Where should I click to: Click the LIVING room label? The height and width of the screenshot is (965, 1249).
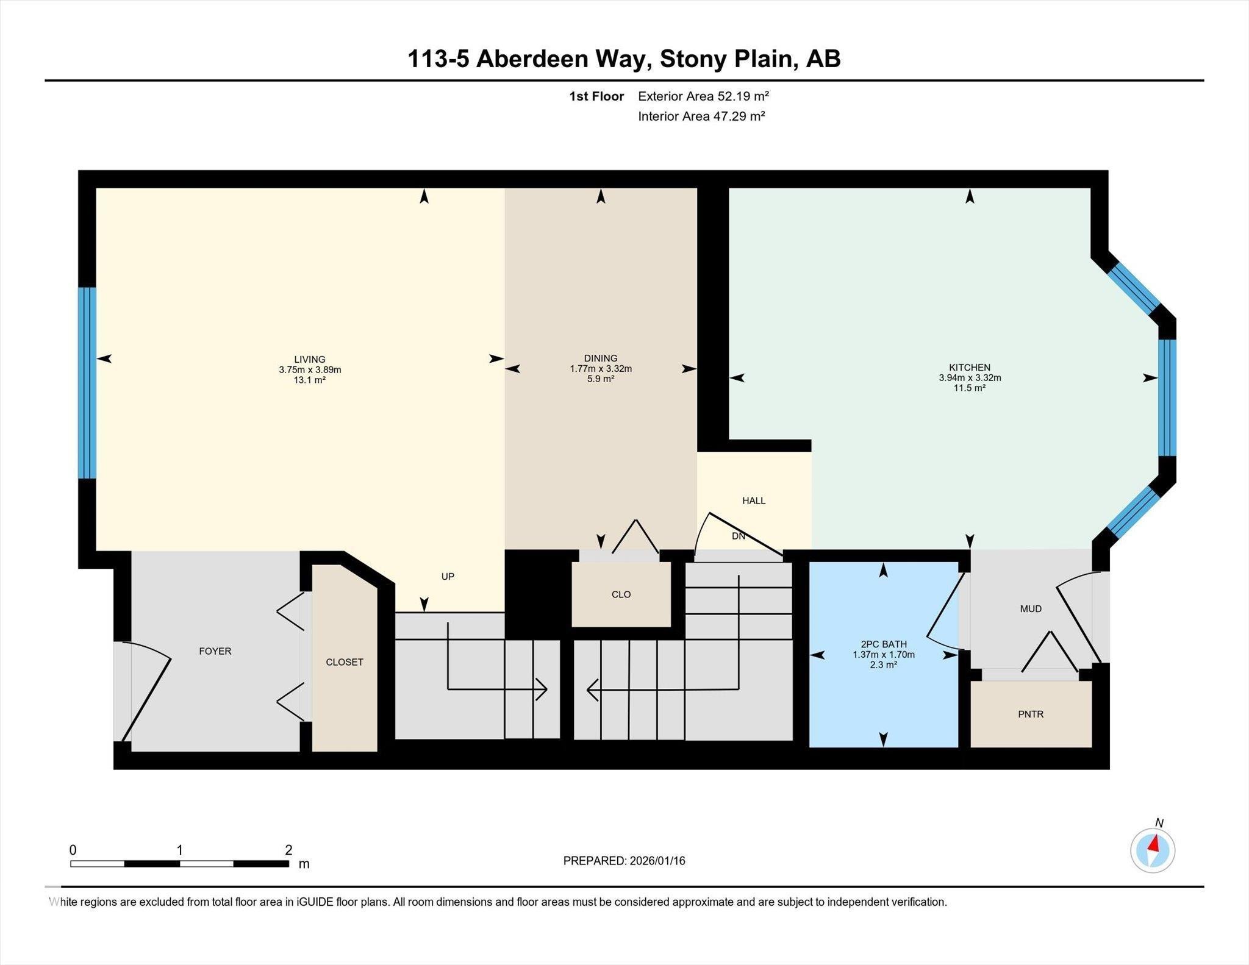[x=310, y=359]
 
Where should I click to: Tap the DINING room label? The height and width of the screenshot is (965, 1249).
[x=601, y=358]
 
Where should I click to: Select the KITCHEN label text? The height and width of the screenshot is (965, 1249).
[x=970, y=367]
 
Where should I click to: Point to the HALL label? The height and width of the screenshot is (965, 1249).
[x=754, y=500]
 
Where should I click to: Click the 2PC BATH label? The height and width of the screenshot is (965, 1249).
[x=884, y=644]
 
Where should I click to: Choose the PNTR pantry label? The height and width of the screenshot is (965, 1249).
[x=1031, y=714]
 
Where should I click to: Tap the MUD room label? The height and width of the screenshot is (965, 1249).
[x=1031, y=608]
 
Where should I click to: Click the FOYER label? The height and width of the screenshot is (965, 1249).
[x=215, y=651]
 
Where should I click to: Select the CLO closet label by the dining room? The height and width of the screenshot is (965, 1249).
[x=621, y=594]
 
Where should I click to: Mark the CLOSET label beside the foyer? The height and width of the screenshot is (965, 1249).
[x=345, y=662]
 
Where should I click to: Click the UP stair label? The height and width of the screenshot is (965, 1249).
[x=448, y=576]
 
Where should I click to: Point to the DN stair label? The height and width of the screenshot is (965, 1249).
[x=739, y=536]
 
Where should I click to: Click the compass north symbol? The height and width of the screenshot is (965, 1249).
[x=1153, y=850]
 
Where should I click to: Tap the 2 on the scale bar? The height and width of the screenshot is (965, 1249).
[x=288, y=850]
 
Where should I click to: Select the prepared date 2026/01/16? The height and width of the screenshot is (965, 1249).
[x=657, y=861]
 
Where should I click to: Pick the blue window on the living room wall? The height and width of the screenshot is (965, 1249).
[x=87, y=383]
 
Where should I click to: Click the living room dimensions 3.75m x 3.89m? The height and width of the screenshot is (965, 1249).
[x=310, y=369]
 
